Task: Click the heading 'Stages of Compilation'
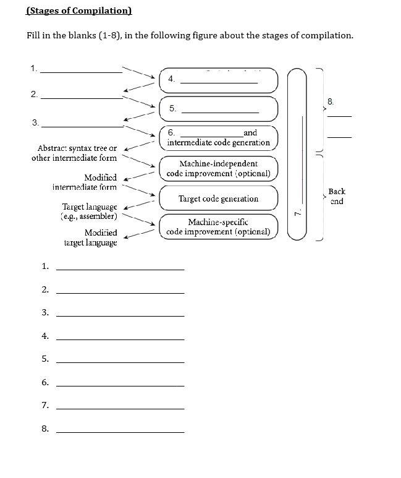point(79,11)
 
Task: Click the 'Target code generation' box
point(218,198)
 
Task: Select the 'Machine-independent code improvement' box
point(218,168)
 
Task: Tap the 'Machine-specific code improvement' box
point(218,227)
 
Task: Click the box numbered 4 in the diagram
point(219,79)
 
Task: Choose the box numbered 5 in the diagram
point(219,109)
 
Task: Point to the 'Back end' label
point(337,197)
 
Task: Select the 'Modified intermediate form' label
point(85,182)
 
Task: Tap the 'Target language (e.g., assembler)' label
point(90,211)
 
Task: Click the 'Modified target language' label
point(91,237)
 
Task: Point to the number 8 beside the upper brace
point(331,101)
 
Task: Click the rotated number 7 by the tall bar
point(297,212)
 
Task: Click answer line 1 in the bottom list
point(120,268)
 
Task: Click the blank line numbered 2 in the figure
point(82,97)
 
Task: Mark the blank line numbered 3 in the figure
point(82,126)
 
